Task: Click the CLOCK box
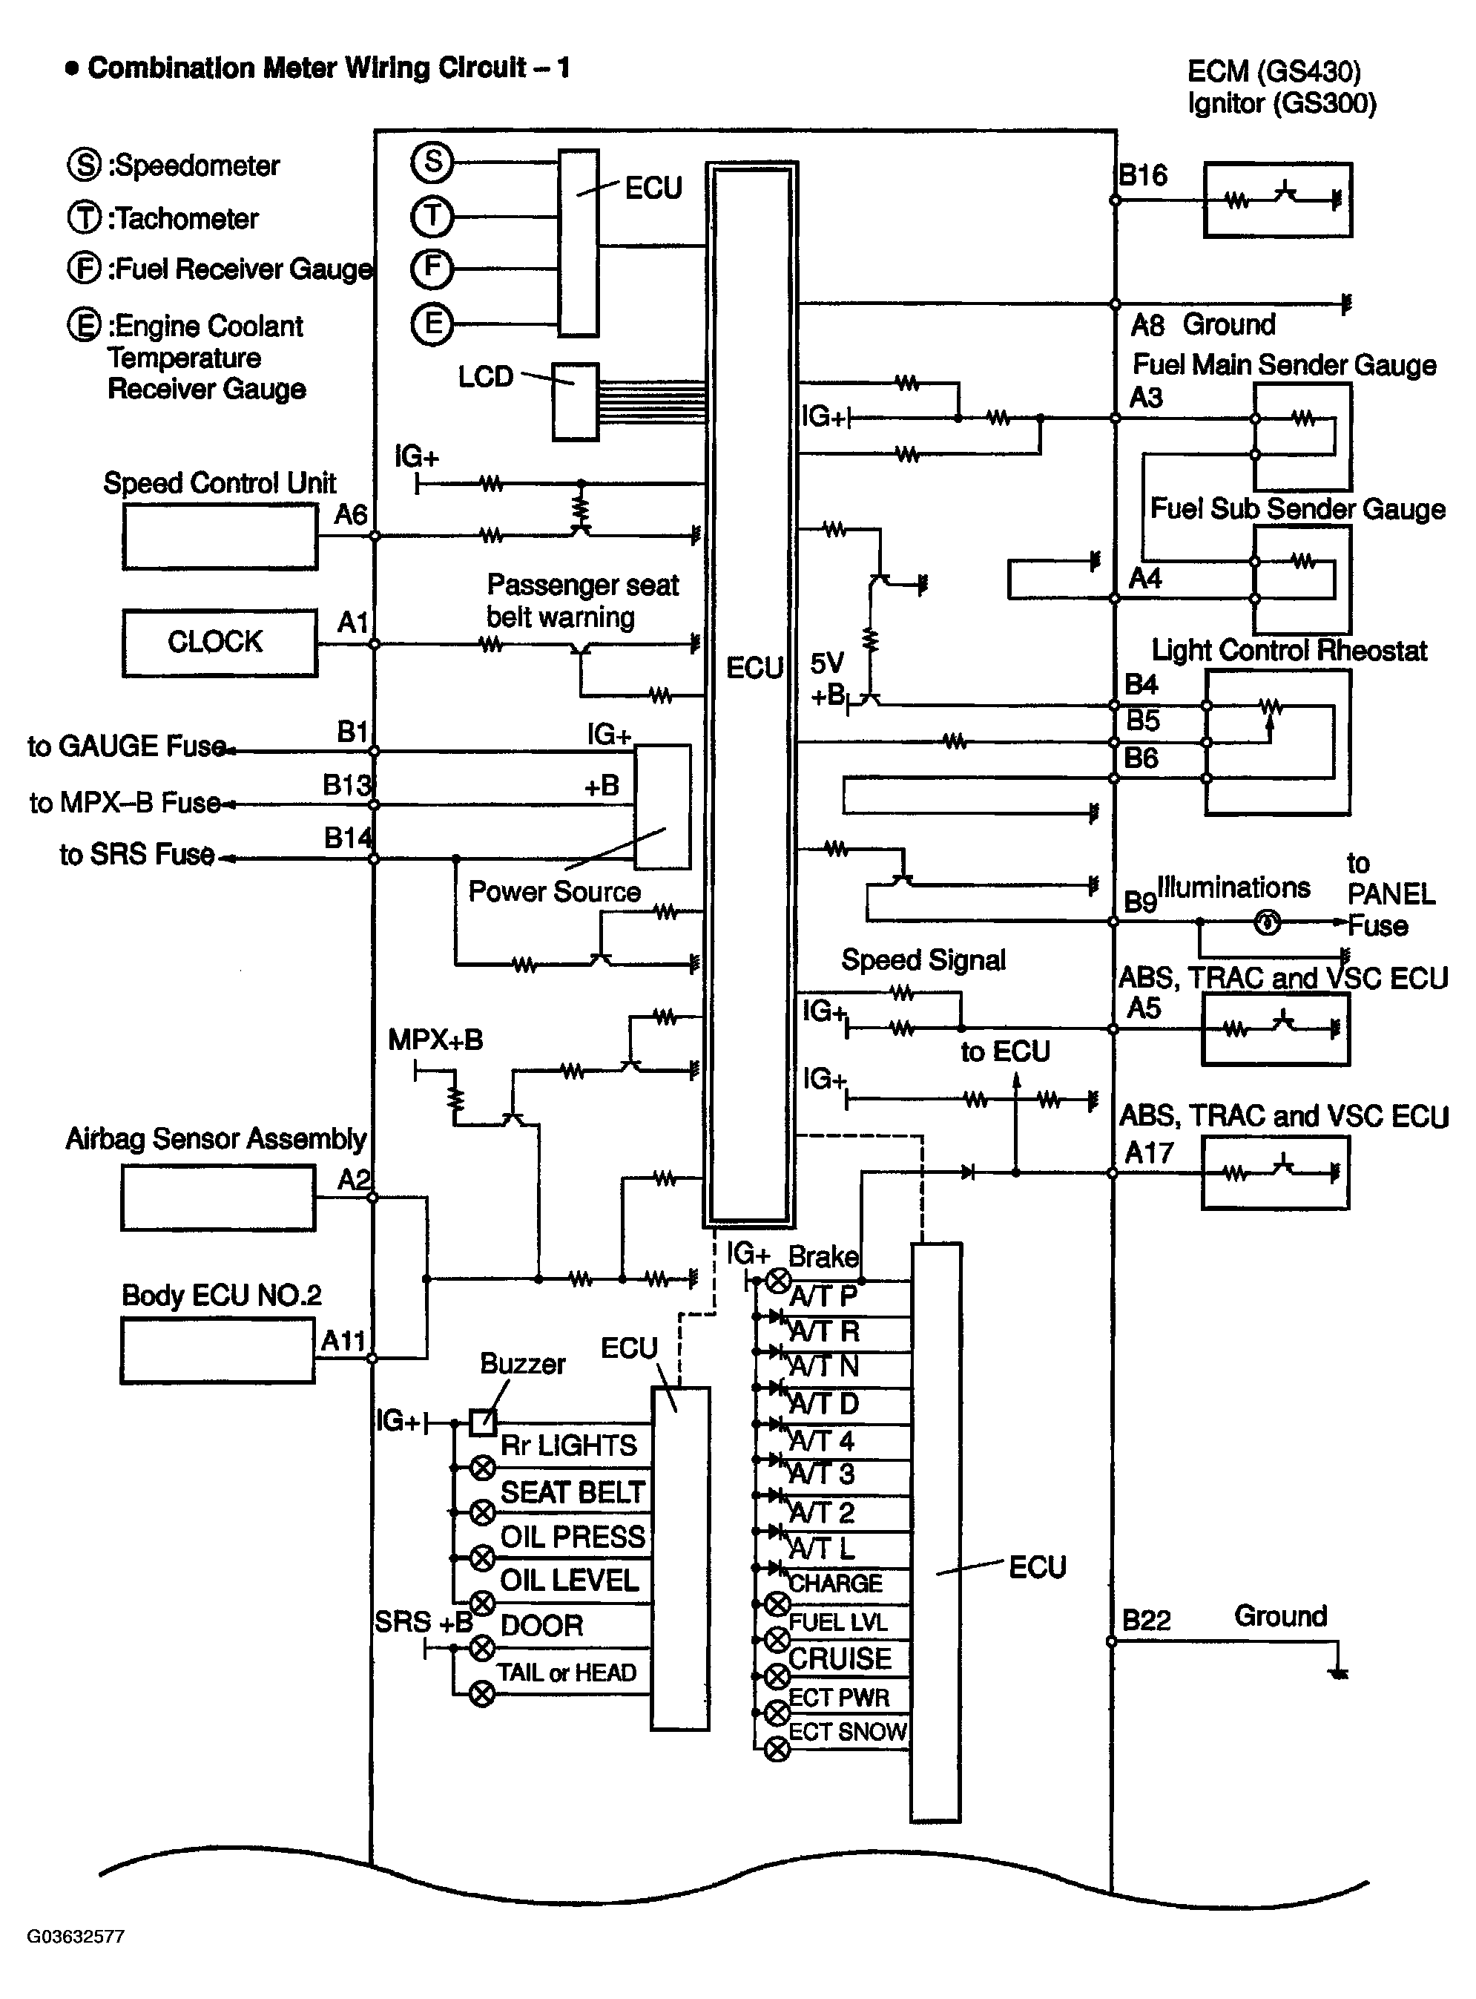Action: [x=219, y=643]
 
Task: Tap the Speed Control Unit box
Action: [x=220, y=536]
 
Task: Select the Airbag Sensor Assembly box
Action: [x=218, y=1198]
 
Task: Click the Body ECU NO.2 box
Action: [x=217, y=1351]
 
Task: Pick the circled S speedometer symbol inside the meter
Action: [x=432, y=162]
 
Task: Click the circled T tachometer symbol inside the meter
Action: [x=432, y=215]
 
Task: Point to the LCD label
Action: [x=485, y=377]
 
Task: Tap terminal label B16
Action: [x=1144, y=175]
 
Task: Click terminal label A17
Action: [x=1148, y=1153]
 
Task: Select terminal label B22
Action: [x=1147, y=1620]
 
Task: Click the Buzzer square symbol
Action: [x=482, y=1421]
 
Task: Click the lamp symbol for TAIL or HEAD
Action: [x=482, y=1693]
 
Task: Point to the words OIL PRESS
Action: [x=572, y=1536]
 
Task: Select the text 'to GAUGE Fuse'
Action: [x=127, y=746]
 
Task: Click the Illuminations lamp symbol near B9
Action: [x=1267, y=922]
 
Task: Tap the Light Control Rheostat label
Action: [x=1288, y=651]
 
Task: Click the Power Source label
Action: [x=554, y=891]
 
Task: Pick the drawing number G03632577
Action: [x=76, y=1937]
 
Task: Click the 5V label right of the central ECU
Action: [x=826, y=664]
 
